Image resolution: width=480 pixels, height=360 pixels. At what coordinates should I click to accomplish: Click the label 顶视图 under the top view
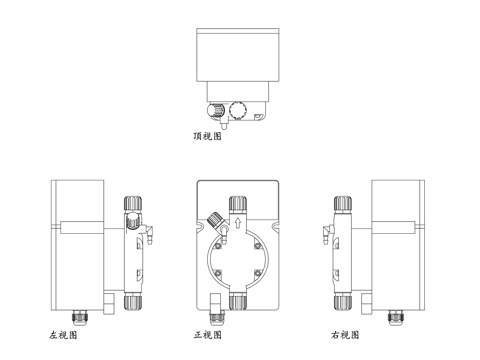[207, 136]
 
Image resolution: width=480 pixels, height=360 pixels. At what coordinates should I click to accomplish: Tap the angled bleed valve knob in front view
[214, 221]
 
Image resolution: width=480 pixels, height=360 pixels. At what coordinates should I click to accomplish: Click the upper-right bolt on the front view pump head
[257, 241]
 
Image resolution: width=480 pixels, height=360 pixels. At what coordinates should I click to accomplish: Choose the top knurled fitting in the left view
[132, 204]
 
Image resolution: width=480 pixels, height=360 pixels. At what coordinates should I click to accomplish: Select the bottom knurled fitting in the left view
[132, 300]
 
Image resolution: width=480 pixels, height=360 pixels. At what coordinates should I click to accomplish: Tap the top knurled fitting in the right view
[342, 204]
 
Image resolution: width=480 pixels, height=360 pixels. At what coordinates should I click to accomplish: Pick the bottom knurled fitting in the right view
[342, 300]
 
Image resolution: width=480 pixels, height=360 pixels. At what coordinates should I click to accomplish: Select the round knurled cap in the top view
[238, 110]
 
